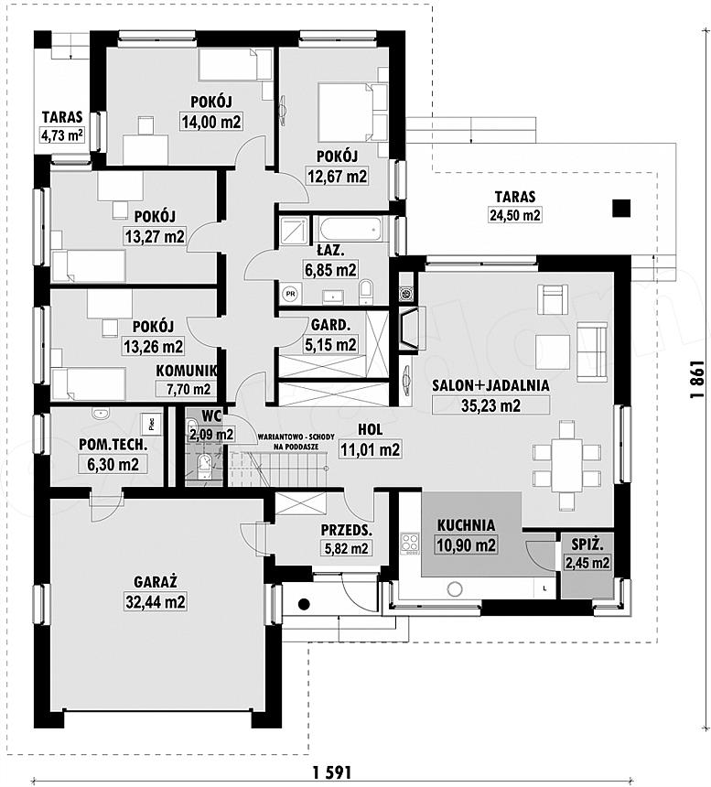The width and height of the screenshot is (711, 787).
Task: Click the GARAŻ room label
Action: point(155,582)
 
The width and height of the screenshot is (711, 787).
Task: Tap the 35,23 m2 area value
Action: point(490,405)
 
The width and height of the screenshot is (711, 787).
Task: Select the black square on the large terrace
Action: point(621,208)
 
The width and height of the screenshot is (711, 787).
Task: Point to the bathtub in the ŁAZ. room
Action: point(350,231)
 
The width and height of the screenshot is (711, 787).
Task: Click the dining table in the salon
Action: point(566,465)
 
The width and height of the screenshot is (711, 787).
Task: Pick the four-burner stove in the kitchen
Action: point(410,543)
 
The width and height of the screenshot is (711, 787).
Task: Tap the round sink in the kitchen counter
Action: point(455,588)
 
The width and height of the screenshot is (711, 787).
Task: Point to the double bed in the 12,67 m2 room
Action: point(352,112)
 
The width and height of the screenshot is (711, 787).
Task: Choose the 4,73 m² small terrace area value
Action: point(61,136)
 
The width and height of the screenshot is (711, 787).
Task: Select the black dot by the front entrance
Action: point(303,604)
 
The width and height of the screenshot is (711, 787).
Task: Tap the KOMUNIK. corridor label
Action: point(186,371)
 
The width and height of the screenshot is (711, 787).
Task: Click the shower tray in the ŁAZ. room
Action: point(294,232)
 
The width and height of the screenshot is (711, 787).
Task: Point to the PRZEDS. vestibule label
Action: point(347,530)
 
